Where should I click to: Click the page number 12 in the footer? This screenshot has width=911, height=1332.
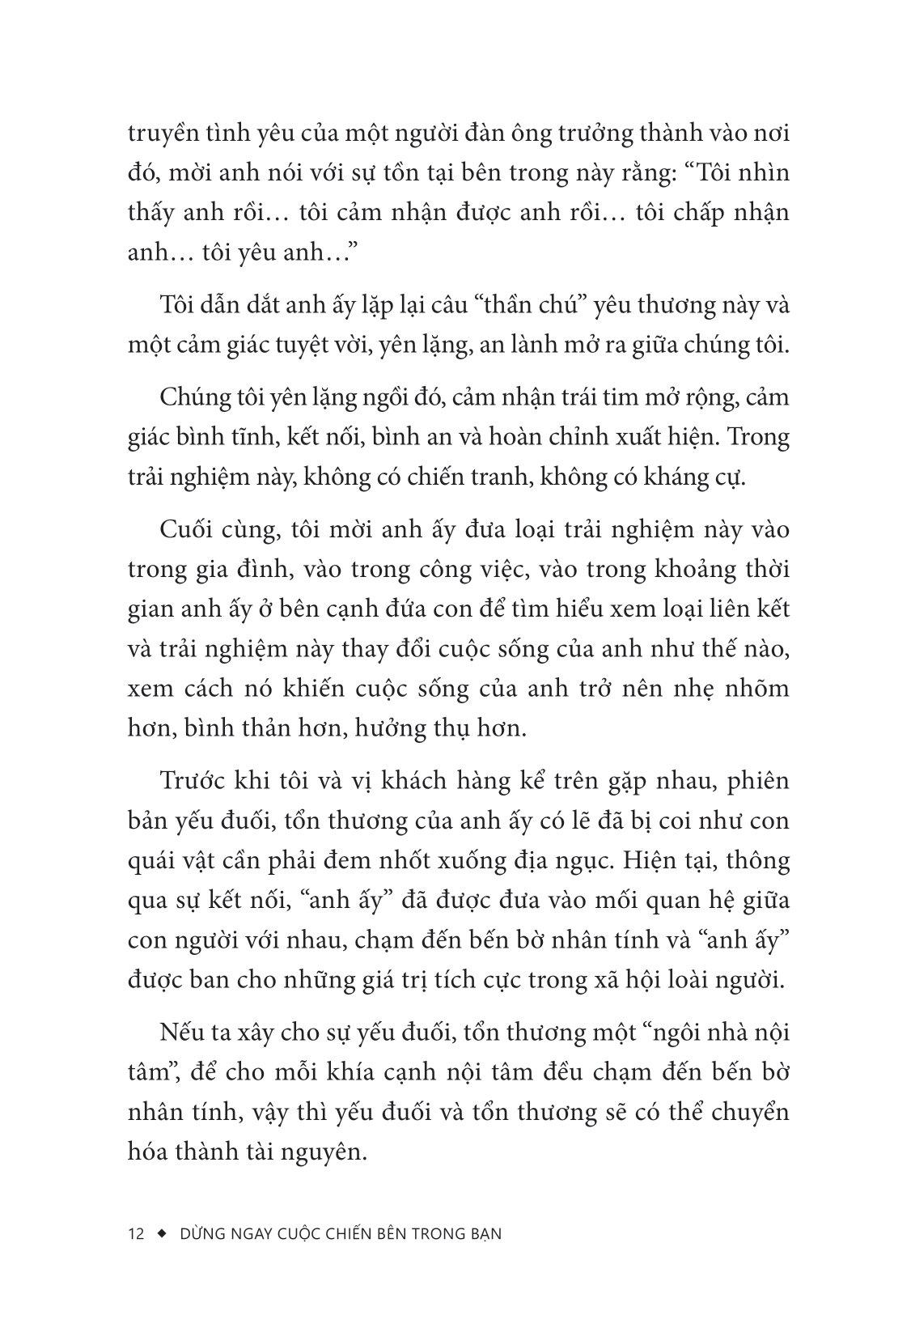(136, 1234)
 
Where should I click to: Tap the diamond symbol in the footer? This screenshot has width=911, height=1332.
(161, 1234)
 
